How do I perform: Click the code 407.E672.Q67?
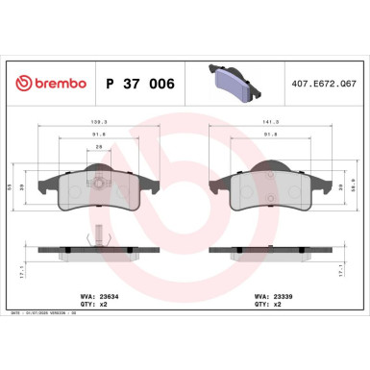330,85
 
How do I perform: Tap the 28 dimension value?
98,146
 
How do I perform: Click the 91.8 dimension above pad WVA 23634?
98,136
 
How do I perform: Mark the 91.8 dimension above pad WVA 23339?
271,136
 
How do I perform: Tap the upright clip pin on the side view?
98,234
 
